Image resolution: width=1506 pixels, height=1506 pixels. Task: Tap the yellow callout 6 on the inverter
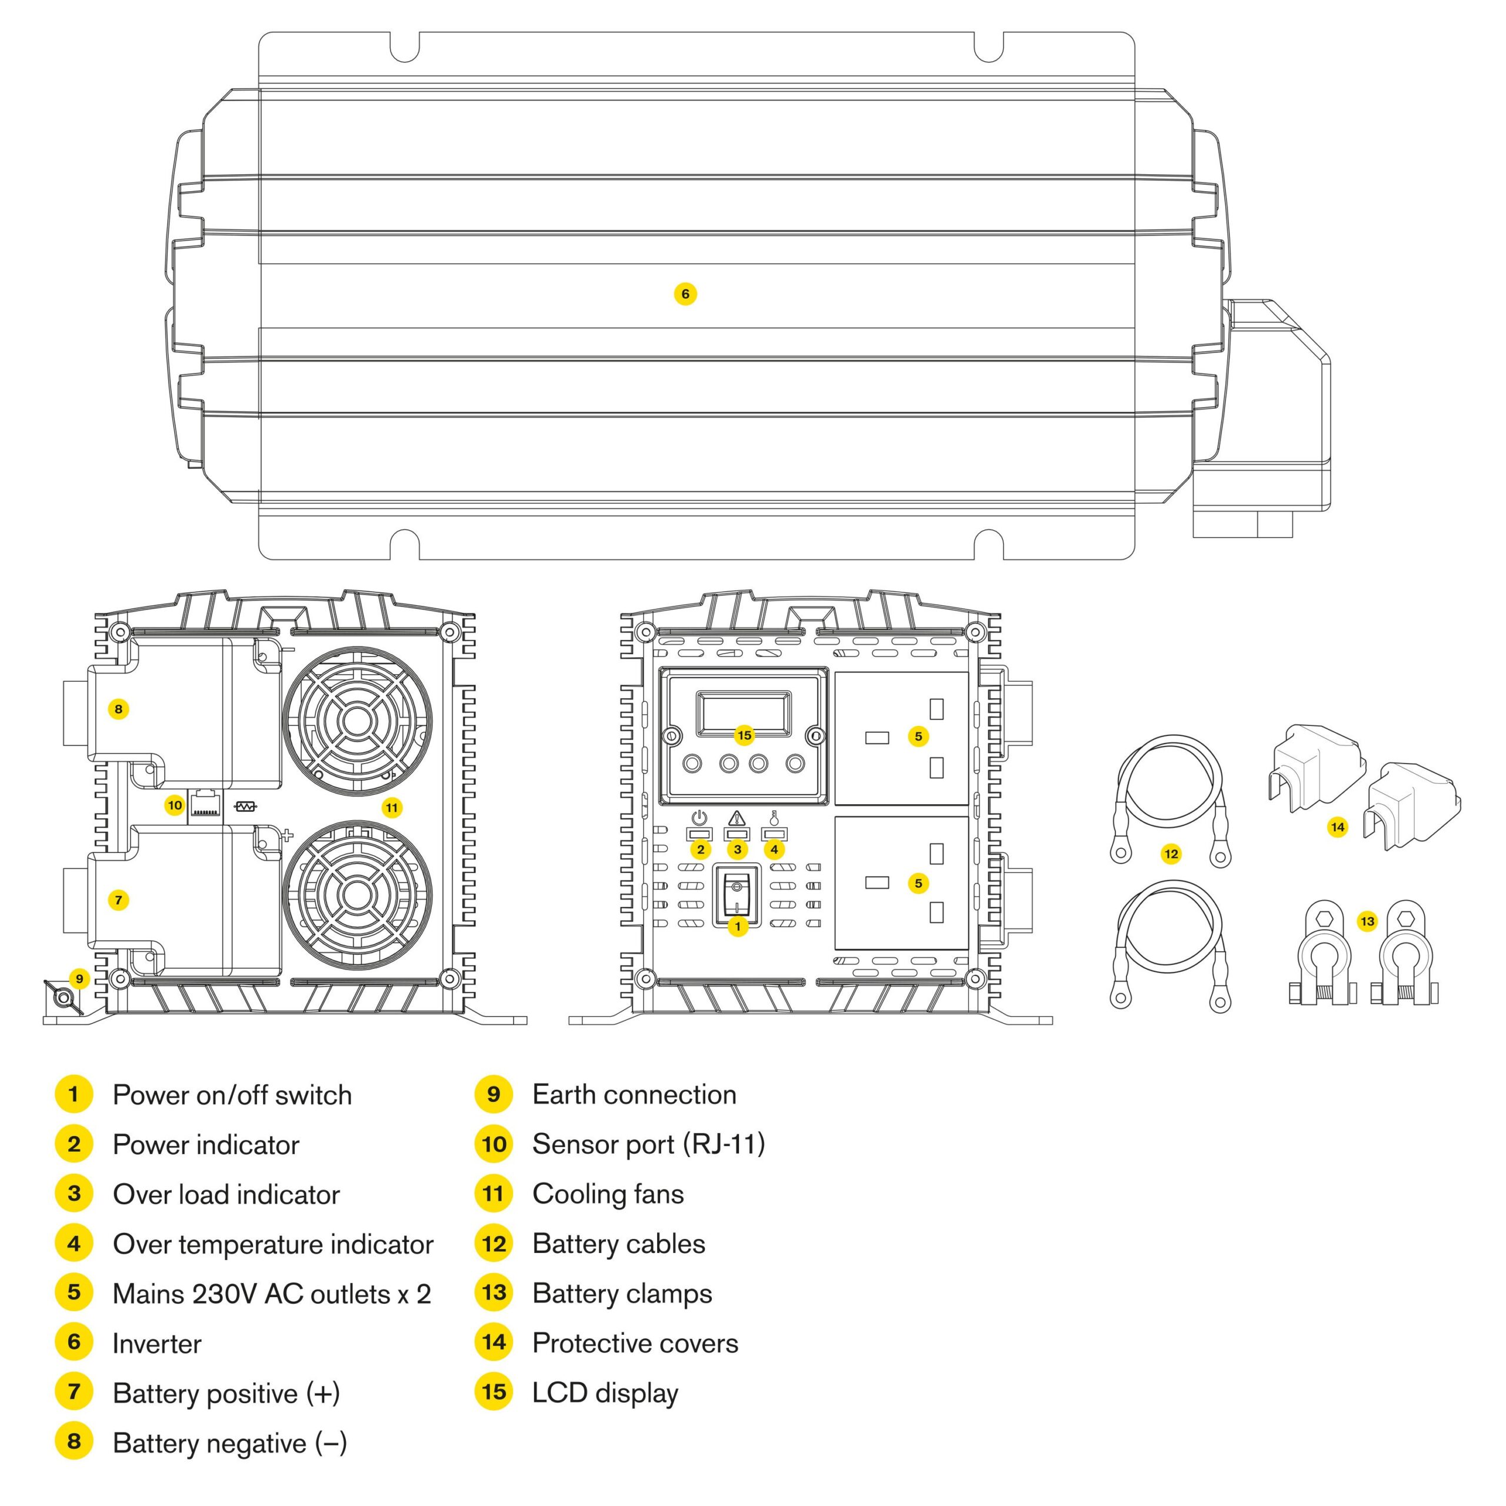[685, 294]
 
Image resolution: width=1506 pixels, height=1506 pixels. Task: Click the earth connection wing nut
[62, 998]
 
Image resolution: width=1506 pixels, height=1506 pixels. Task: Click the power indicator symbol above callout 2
[700, 818]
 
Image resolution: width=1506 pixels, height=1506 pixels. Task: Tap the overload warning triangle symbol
[737, 818]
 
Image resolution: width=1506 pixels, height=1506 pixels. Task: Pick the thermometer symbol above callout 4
[773, 818]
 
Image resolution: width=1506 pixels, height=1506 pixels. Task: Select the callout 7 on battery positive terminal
[118, 900]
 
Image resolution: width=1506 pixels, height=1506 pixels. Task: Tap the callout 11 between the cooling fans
[391, 808]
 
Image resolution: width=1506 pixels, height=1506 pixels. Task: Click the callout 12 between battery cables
[1171, 854]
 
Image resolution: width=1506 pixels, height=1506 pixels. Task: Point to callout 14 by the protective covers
[1338, 827]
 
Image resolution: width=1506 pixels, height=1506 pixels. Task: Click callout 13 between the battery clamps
[1367, 921]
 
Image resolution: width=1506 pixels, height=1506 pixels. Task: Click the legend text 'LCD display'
[605, 1393]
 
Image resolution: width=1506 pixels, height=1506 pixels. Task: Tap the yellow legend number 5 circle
[74, 1292]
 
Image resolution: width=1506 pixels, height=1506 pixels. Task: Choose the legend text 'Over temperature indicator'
[273, 1244]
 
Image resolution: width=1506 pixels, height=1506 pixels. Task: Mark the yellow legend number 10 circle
[494, 1144]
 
